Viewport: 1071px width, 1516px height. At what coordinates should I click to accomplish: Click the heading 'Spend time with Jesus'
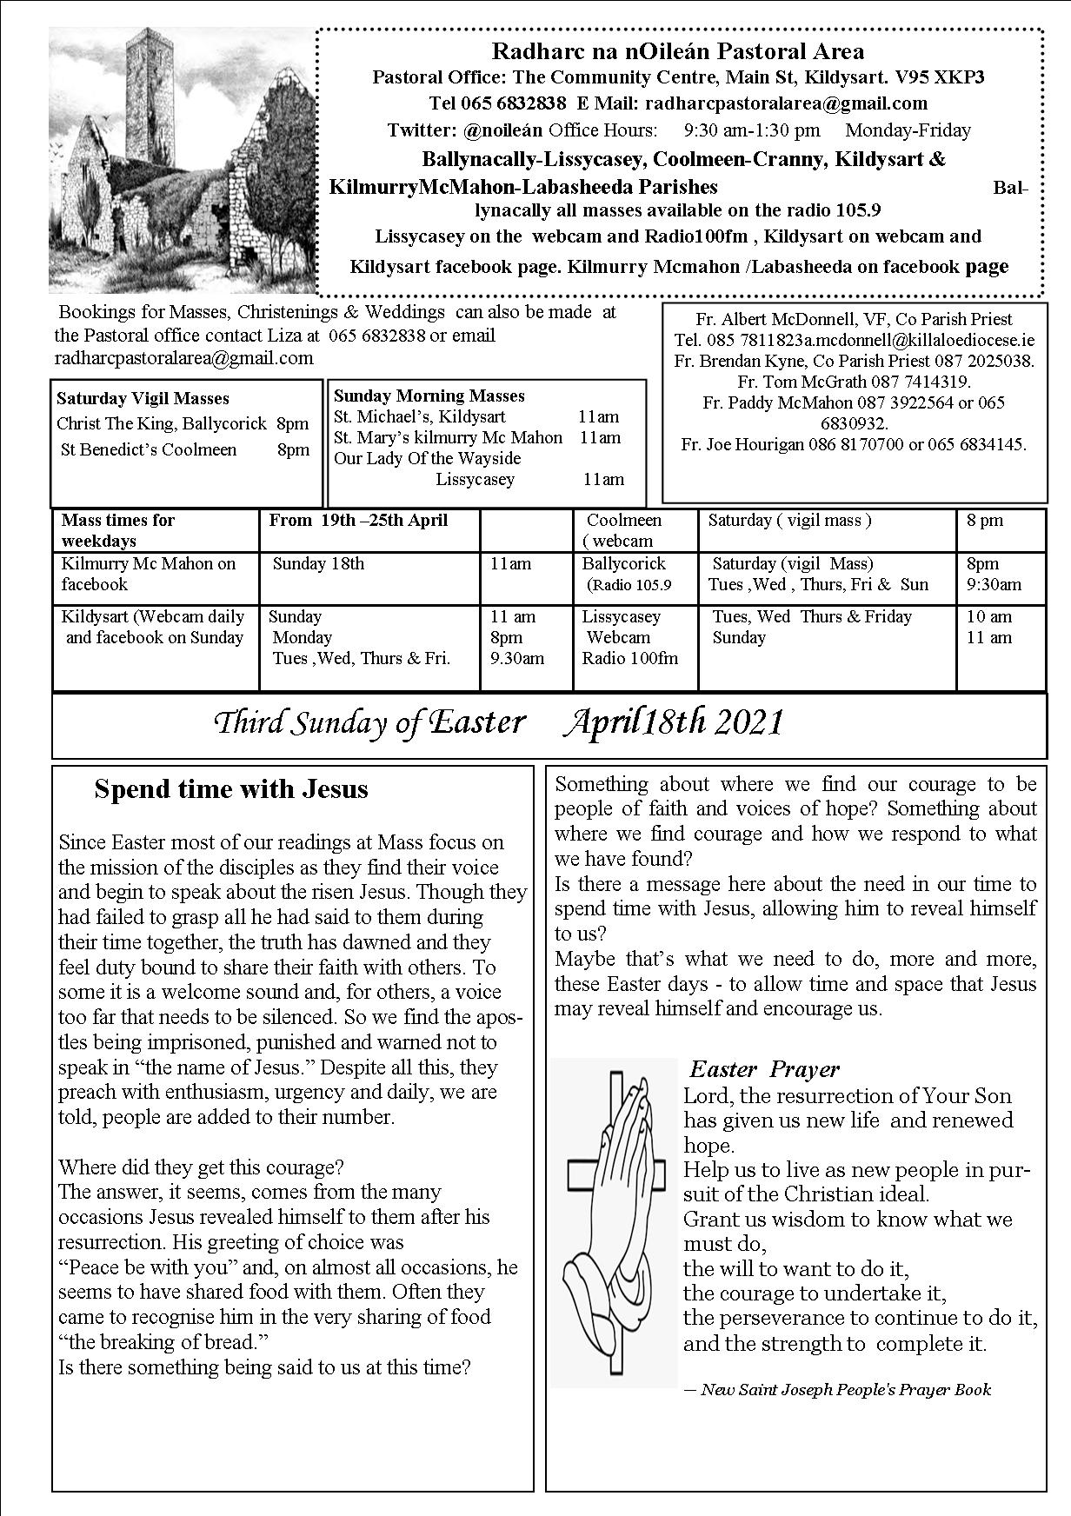coord(231,789)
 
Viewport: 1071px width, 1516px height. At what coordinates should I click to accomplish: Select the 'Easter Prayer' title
coord(764,1069)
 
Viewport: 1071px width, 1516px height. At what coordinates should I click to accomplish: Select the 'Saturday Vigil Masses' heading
coord(143,399)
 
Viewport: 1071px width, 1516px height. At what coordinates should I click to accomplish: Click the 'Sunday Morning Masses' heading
coord(429,396)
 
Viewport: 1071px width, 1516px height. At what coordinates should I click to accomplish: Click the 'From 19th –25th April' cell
coord(358,521)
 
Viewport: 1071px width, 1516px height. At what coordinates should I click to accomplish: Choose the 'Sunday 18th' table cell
coord(318,564)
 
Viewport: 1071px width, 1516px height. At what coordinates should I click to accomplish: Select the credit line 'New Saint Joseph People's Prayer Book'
coord(845,1389)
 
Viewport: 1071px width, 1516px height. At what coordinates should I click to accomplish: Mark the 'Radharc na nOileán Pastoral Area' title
coord(678,52)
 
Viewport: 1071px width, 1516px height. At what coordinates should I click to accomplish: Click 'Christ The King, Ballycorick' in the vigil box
coord(162,424)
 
